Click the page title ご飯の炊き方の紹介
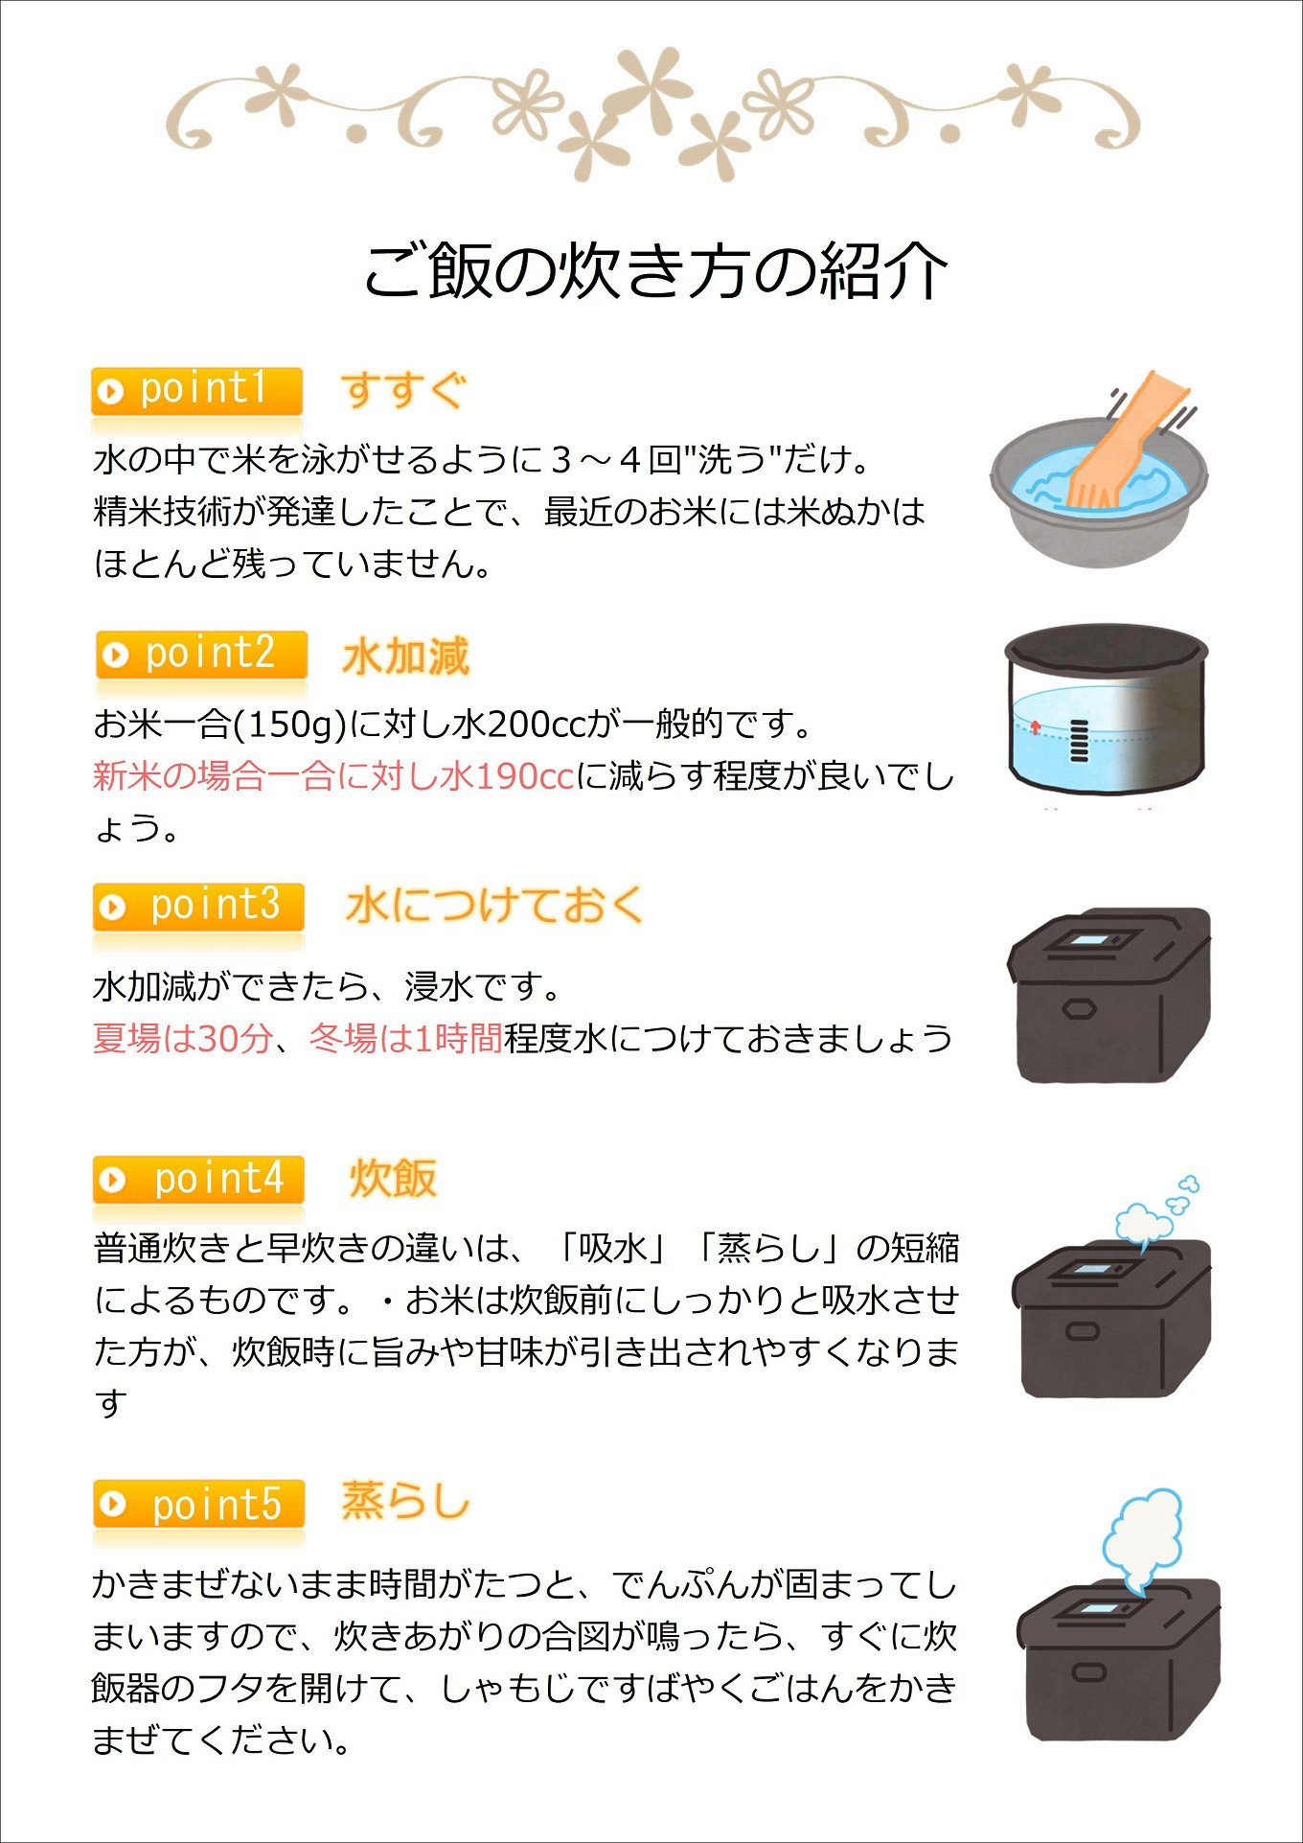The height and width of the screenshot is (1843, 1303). pyautogui.click(x=655, y=270)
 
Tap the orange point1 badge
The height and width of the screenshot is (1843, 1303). pyautogui.click(x=197, y=391)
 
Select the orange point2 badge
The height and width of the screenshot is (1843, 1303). pyautogui.click(x=201, y=655)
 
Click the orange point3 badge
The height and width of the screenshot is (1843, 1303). pyautogui.click(x=199, y=907)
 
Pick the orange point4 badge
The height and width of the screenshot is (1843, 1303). pyautogui.click(x=199, y=1180)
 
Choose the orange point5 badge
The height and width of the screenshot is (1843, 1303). pyautogui.click(x=199, y=1504)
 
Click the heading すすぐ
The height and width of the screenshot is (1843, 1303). pyautogui.click(x=403, y=390)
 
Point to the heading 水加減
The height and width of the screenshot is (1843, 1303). pyautogui.click(x=406, y=657)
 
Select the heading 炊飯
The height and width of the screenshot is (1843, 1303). pyautogui.click(x=394, y=1179)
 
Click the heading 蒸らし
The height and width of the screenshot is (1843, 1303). pyautogui.click(x=406, y=1501)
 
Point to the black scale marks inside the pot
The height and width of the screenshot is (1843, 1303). pyautogui.click(x=1080, y=739)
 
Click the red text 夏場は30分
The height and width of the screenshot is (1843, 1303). pyautogui.click(x=183, y=1038)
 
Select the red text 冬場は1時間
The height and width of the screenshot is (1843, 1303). pyautogui.click(x=406, y=1038)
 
